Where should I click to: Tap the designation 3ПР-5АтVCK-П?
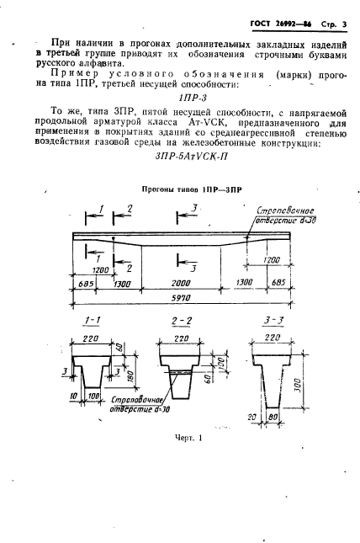179,157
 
